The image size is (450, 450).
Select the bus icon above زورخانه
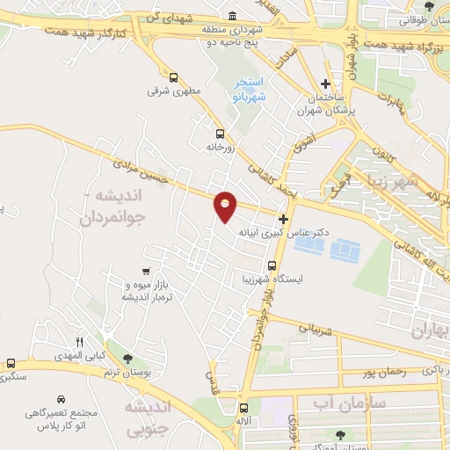coord(220,134)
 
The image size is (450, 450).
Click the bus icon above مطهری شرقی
coord(173,76)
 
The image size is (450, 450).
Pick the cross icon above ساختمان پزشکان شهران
coord(325,83)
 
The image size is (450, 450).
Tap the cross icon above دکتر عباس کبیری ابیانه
coord(283,219)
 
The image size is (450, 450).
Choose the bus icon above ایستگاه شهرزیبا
coord(272,265)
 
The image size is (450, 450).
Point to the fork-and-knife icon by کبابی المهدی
coord(80,342)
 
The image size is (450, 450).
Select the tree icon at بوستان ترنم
coord(128,359)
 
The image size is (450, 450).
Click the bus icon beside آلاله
coord(243,408)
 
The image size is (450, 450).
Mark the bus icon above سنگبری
coord(11,363)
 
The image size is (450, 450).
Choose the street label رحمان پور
coord(382,373)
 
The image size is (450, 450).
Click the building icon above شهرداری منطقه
coord(232,16)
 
